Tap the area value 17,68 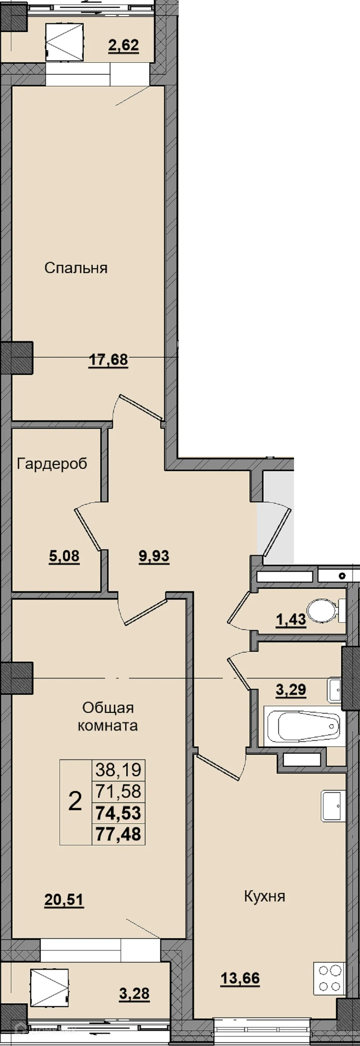click(108, 360)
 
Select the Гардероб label click(52, 464)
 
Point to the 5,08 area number click(64, 556)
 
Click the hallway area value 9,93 click(154, 556)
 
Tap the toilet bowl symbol click(325, 610)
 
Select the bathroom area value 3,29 click(291, 690)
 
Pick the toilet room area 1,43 click(291, 619)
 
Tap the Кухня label click(265, 896)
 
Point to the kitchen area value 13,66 click(240, 978)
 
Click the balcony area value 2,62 click(124, 45)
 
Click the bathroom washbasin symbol click(334, 689)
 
